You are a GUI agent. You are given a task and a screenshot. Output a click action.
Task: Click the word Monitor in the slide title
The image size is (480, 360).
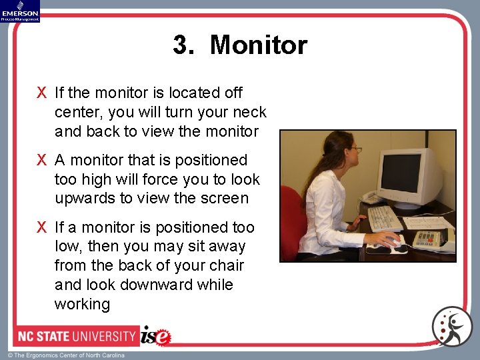coord(258,45)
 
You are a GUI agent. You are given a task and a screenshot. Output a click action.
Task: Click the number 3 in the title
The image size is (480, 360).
coord(180,45)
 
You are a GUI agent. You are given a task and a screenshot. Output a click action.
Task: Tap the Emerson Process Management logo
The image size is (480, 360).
coord(20,11)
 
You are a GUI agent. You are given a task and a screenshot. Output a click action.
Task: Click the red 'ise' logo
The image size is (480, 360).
coord(155,336)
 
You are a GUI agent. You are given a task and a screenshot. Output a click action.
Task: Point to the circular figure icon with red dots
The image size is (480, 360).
coord(451,327)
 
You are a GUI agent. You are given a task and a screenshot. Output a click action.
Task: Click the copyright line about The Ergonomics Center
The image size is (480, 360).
coord(66,355)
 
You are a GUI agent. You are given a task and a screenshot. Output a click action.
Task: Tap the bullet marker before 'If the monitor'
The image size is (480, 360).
coord(42,93)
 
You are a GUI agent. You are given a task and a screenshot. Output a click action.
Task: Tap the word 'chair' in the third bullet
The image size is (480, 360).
coord(226,266)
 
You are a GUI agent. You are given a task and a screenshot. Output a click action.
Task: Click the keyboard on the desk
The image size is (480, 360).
coord(385,218)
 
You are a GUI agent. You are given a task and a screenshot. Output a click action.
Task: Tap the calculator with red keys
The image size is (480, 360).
coord(427,237)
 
